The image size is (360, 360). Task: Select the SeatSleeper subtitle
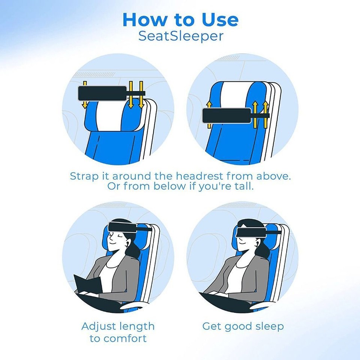180,36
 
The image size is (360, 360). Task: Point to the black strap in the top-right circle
227,115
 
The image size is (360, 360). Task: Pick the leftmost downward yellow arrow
85,94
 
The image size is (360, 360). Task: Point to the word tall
244,186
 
